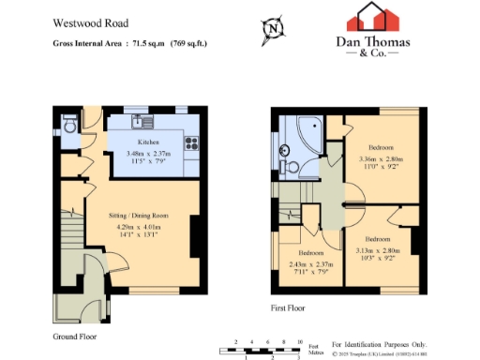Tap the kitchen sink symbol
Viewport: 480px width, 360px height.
pos(139,121)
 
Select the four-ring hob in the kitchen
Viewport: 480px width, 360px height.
pos(191,143)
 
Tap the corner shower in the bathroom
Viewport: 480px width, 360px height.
pos(306,132)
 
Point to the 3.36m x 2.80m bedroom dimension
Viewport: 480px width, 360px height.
pos(380,158)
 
